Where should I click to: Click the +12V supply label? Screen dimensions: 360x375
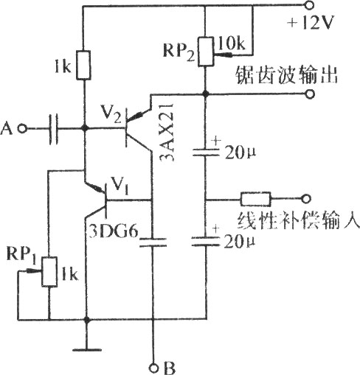(x=311, y=23)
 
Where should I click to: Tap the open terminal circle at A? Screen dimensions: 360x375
(x=24, y=128)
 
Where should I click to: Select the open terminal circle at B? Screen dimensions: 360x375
(x=154, y=368)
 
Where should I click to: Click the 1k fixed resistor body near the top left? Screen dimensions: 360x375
(x=84, y=65)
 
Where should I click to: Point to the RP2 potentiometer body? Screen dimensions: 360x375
(x=206, y=52)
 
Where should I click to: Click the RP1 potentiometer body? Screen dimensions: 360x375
(x=49, y=271)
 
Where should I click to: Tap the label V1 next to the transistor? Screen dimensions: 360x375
(x=120, y=186)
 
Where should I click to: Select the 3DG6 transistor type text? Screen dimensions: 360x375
(x=114, y=231)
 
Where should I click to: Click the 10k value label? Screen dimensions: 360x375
(x=231, y=44)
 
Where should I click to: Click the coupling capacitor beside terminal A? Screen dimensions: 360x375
(x=53, y=129)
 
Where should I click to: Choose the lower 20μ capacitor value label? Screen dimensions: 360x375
(x=240, y=242)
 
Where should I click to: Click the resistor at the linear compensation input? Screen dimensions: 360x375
(x=256, y=199)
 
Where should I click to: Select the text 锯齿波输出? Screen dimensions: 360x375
(x=286, y=75)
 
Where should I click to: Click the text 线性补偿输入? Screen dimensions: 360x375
(x=298, y=220)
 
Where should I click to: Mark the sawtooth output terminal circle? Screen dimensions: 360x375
(x=311, y=94)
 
